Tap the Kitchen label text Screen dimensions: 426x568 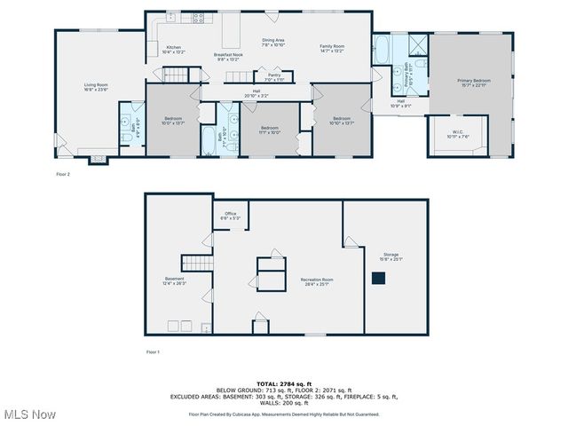(x=174, y=48)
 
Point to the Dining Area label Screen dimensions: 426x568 (x=272, y=41)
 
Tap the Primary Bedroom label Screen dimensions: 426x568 (x=473, y=81)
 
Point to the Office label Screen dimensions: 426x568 (x=230, y=214)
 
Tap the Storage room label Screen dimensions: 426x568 (x=391, y=256)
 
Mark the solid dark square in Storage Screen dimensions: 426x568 (x=378, y=278)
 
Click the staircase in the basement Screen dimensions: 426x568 (x=194, y=262)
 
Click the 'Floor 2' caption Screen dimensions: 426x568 (x=63, y=174)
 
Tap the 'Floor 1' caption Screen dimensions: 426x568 (x=153, y=352)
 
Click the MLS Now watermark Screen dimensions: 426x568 (x=30, y=414)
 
